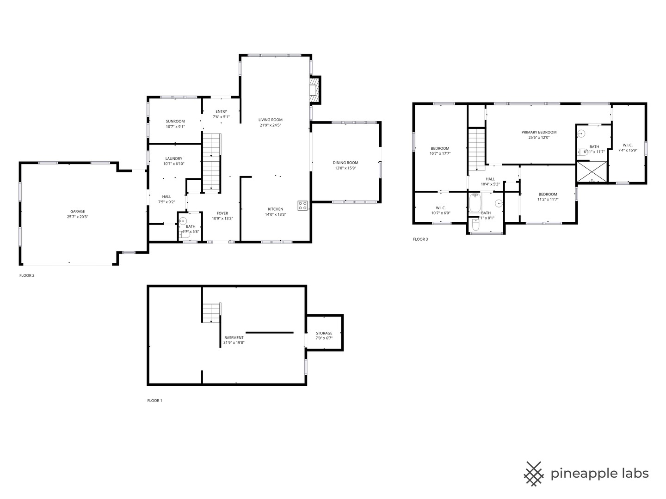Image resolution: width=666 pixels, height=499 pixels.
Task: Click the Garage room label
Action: tap(77, 212)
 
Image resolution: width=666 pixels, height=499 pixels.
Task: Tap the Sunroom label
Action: tap(175, 121)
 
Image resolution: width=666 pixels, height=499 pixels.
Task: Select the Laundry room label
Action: tap(174, 158)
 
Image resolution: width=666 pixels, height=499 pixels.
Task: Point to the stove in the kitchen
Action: tap(302, 206)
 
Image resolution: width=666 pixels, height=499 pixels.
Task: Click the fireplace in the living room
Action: tap(314, 89)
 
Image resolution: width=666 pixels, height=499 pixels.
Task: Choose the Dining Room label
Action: tap(345, 163)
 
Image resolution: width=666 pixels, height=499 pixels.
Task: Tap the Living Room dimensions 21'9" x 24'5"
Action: tap(271, 125)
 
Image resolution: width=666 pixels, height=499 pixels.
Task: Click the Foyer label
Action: tap(222, 213)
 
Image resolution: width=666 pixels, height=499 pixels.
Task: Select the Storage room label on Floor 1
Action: tap(324, 333)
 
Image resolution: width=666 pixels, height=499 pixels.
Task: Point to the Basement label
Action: tap(234, 338)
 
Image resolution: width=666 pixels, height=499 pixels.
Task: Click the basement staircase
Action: tap(211, 313)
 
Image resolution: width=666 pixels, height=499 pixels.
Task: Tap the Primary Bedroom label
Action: tap(539, 132)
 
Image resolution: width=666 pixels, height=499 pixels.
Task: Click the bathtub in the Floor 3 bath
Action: tap(475, 203)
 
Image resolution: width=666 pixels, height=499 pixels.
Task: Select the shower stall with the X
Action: tap(592, 171)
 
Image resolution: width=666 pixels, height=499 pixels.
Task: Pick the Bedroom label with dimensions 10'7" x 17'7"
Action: tap(440, 148)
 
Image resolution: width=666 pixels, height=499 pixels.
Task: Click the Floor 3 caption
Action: tap(420, 239)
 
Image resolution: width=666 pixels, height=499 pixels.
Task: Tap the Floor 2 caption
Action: tap(27, 276)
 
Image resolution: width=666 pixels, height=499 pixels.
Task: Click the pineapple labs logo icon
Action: tap(534, 474)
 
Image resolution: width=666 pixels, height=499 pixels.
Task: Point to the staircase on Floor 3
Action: tap(476, 149)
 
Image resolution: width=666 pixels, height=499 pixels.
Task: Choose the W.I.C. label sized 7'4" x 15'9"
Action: tap(628, 145)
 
